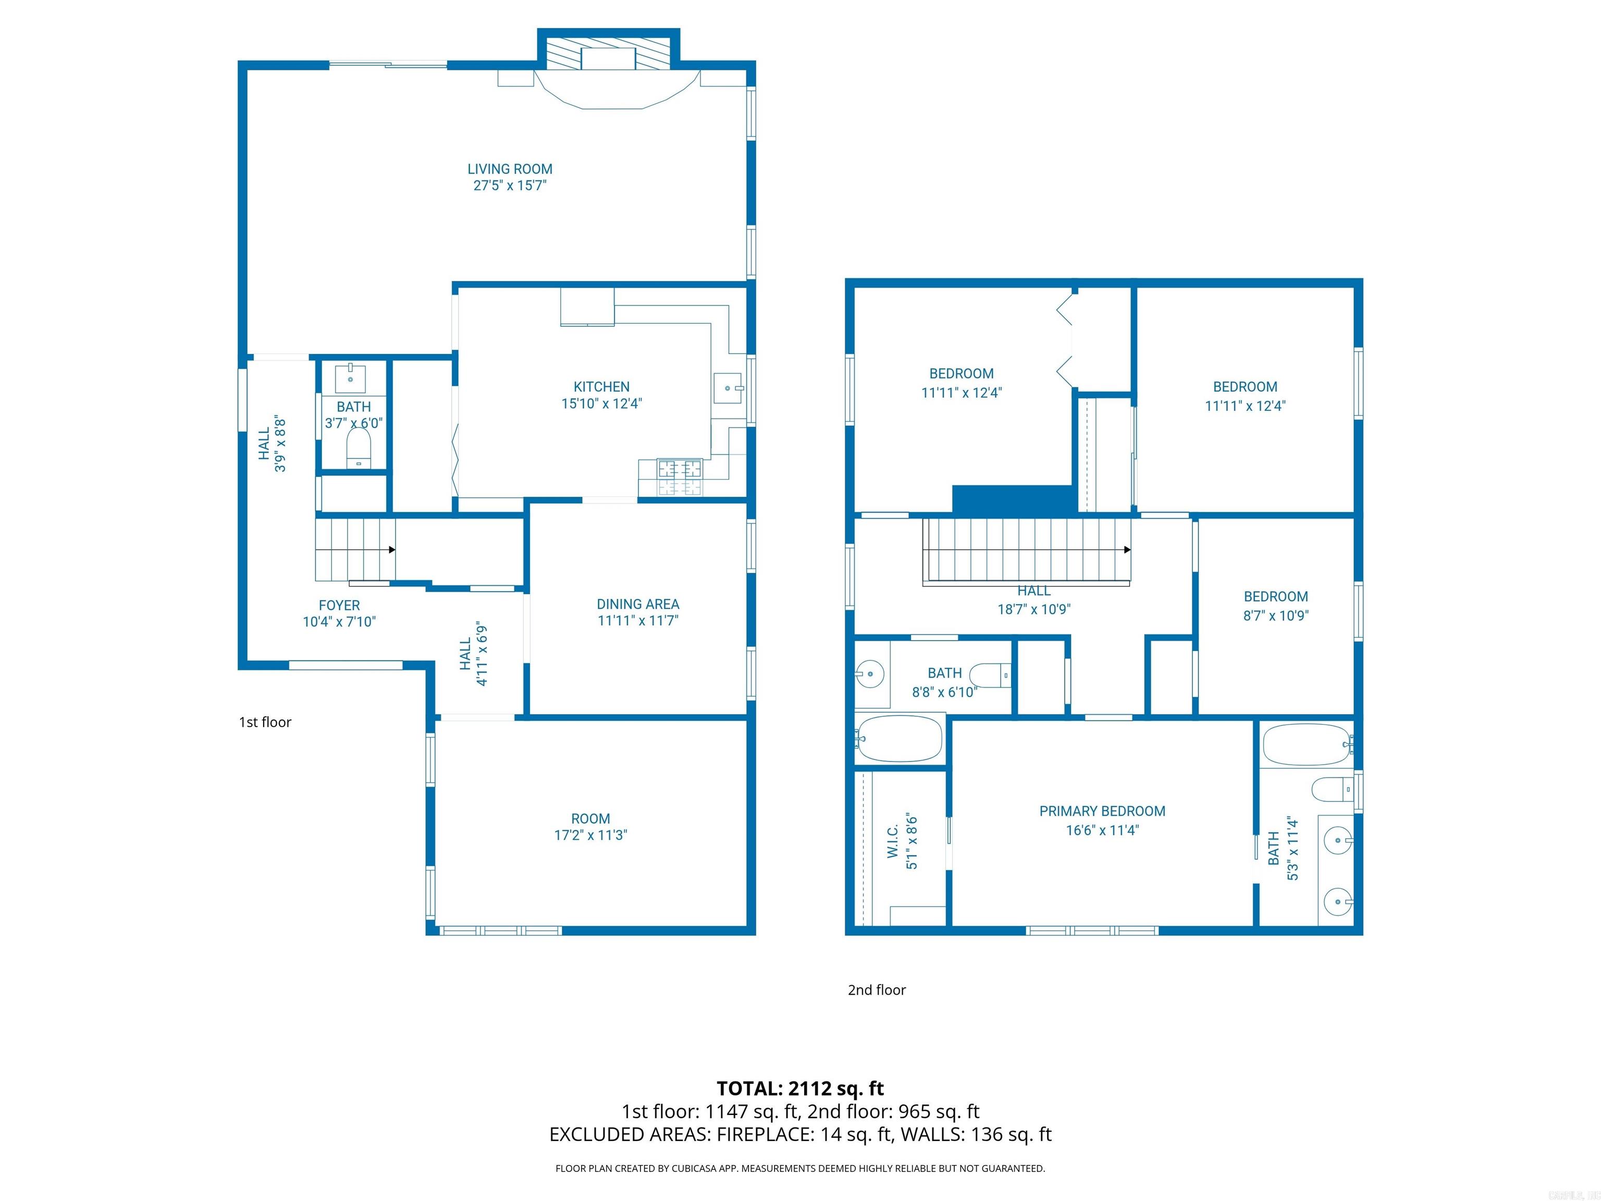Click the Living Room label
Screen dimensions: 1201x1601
click(510, 169)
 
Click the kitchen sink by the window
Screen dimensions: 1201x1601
click(728, 388)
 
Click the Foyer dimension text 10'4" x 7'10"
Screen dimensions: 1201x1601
click(339, 622)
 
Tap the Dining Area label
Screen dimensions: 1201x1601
click(638, 604)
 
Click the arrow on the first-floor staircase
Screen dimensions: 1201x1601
click(391, 549)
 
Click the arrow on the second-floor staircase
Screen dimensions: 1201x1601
click(1127, 549)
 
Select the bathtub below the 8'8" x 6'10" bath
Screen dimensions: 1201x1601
click(899, 739)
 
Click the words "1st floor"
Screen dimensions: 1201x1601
click(265, 722)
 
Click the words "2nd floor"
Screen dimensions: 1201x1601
click(877, 989)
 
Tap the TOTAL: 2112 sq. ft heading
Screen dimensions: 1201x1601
click(800, 1088)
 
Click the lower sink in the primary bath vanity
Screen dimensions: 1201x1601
click(1337, 902)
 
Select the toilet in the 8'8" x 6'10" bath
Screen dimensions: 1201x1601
click(989, 675)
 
